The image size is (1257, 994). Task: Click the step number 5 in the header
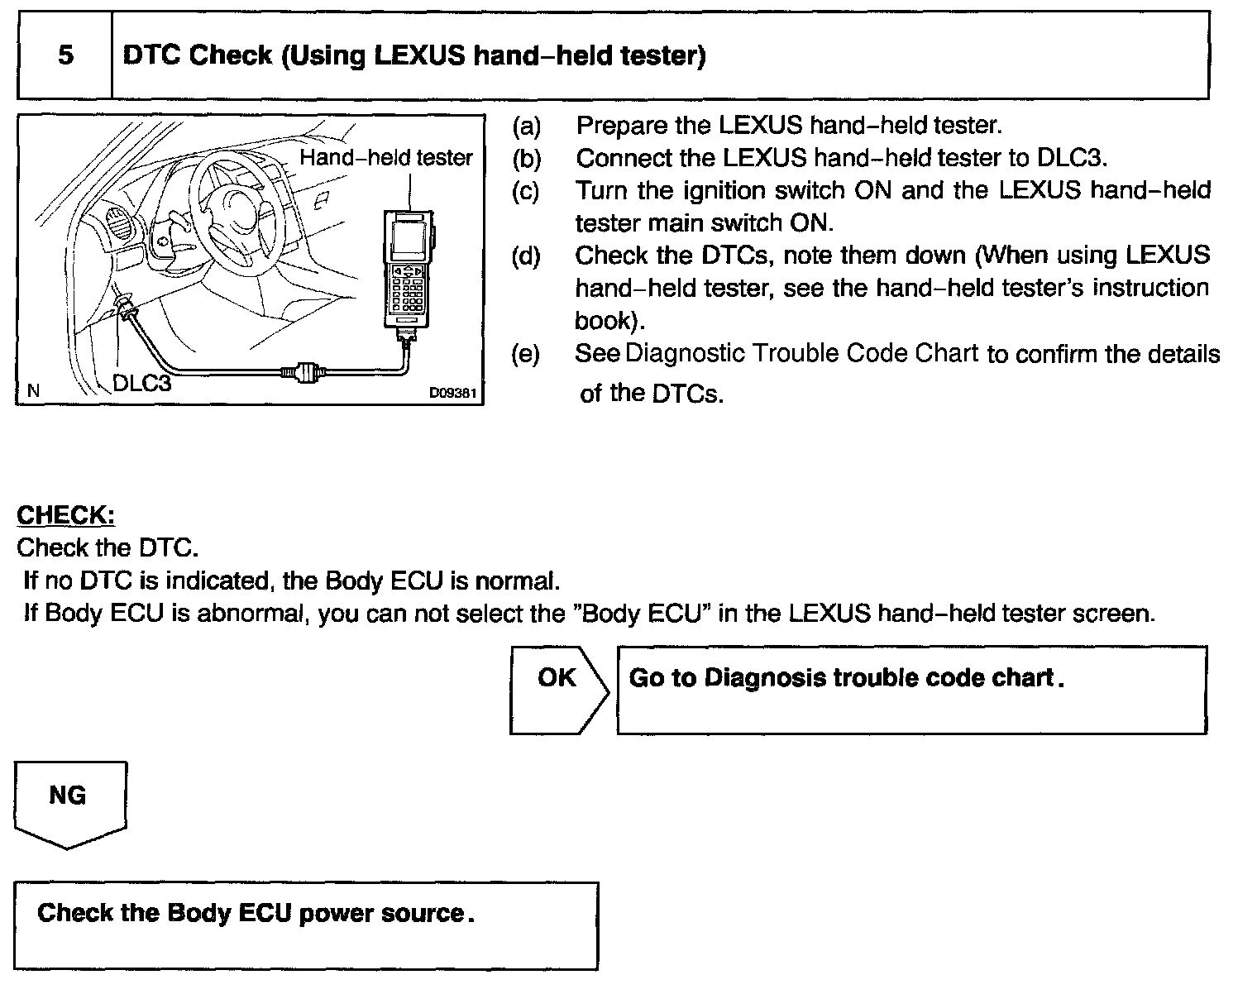click(65, 55)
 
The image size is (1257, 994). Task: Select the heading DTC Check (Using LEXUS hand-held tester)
click(413, 56)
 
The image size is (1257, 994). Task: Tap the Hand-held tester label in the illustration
click(386, 157)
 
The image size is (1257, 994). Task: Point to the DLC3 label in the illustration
click(141, 383)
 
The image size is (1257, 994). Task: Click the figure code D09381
click(452, 393)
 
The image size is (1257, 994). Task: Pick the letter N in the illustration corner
click(33, 390)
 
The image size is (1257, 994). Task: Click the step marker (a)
click(526, 126)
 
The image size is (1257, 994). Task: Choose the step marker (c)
click(526, 191)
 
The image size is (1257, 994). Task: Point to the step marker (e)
click(526, 355)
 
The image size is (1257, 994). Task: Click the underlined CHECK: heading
click(65, 515)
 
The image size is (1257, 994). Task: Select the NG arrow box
click(69, 802)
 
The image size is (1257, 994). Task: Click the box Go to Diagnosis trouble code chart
click(911, 690)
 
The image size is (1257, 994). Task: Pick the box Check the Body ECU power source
click(305, 925)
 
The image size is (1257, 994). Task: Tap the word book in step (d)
click(604, 320)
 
